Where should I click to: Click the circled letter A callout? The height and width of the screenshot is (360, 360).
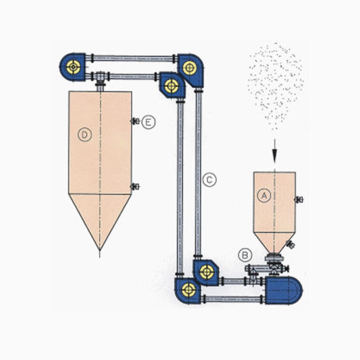pos(264,196)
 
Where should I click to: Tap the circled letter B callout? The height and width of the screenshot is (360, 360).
pos(245,255)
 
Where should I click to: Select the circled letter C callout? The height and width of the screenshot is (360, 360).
pos(210,180)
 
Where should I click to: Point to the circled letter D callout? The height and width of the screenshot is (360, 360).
pos(85,135)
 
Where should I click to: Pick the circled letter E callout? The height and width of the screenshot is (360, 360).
pos(148,122)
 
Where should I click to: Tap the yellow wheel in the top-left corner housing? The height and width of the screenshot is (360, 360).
pos(73,67)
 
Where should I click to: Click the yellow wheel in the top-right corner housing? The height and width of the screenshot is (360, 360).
pos(189,68)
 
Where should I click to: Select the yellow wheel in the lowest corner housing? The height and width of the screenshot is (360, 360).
pos(189,290)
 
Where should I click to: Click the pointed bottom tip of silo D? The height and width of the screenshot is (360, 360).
pos(100,251)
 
